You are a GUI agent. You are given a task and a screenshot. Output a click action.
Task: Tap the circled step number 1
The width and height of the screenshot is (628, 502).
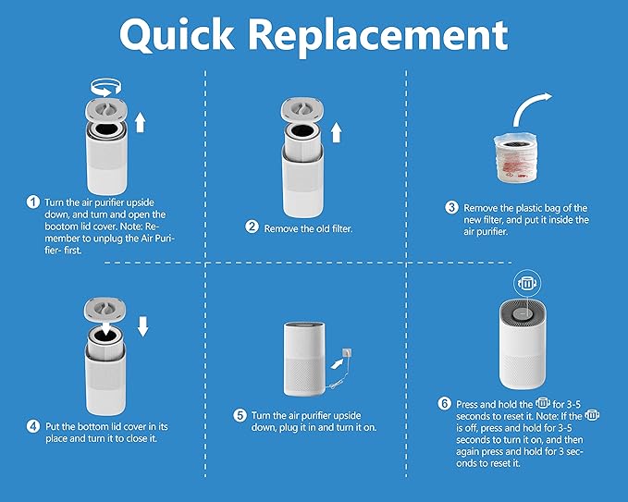[33, 202]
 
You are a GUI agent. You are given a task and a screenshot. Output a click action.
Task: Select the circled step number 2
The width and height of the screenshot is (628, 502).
[252, 227]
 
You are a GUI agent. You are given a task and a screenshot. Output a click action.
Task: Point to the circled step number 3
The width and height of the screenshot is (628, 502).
[451, 207]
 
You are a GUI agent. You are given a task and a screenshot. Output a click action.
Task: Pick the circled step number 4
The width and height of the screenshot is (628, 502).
[33, 426]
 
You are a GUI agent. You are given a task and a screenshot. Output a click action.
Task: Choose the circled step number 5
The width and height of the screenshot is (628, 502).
[240, 415]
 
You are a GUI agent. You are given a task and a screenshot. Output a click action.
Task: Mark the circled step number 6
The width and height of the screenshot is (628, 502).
[446, 404]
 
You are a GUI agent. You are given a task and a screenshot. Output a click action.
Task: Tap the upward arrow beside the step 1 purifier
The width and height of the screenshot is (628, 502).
[140, 121]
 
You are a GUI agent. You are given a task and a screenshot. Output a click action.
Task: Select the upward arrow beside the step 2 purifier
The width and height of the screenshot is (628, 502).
[336, 132]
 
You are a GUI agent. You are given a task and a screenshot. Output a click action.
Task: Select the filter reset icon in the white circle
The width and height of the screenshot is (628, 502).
[524, 283]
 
